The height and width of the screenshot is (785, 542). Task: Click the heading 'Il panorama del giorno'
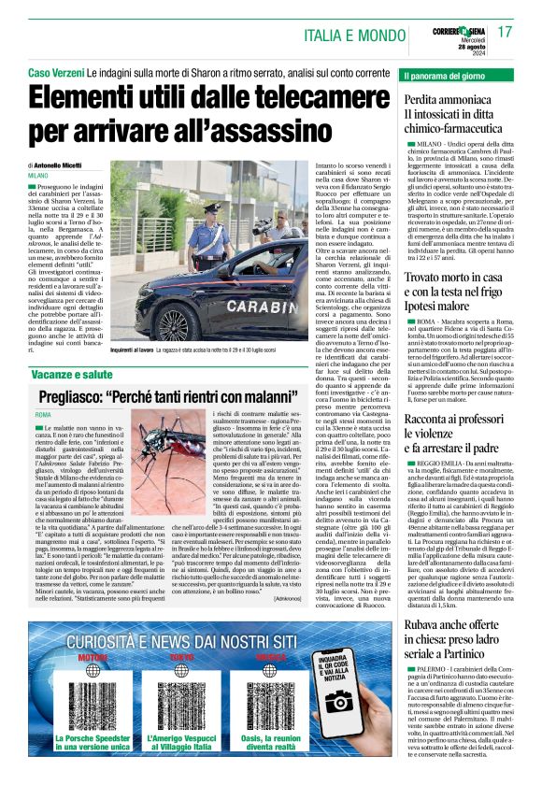449,74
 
